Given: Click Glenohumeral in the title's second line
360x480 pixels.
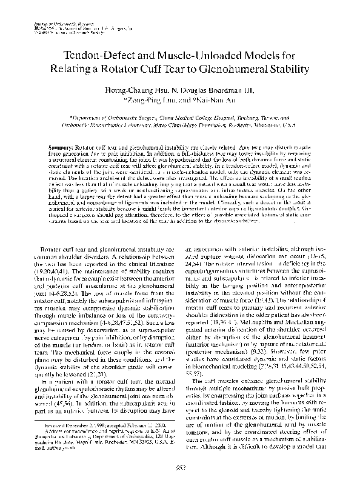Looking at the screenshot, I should pos(233,70).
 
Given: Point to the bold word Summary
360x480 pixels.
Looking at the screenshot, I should pos(59,147).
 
